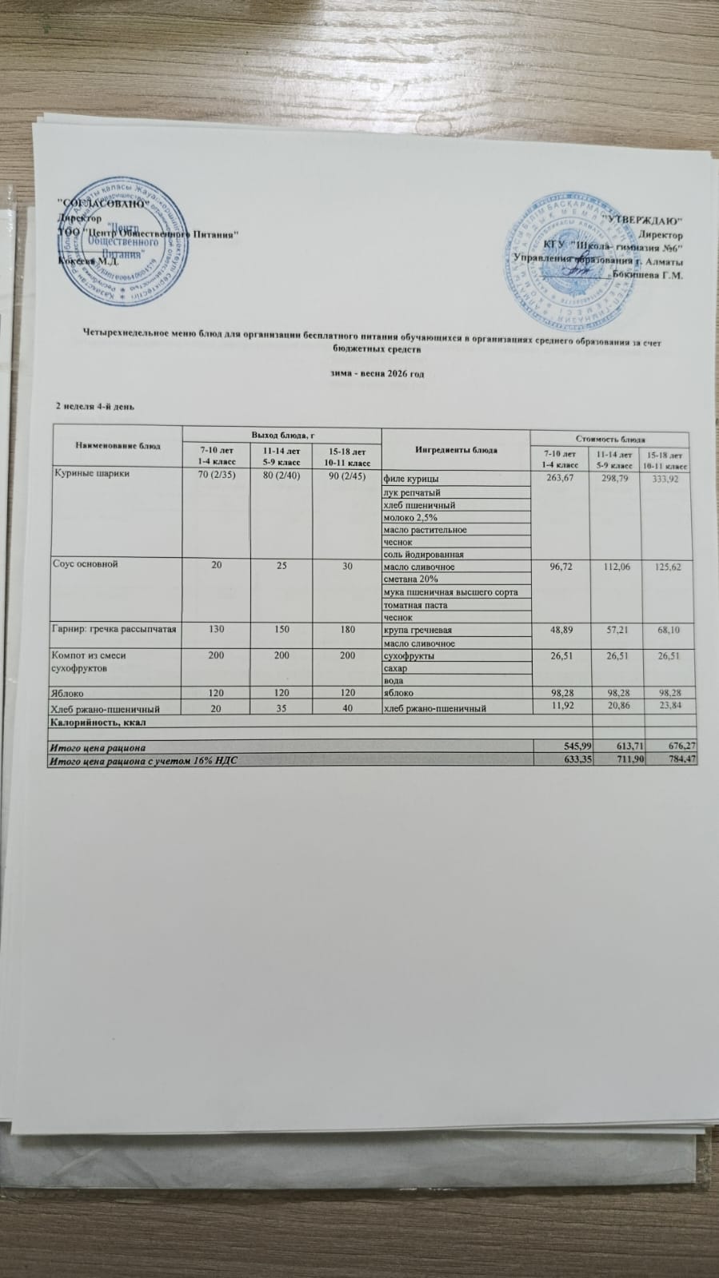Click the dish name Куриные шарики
tap(92, 473)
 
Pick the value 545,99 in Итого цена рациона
tap(575, 746)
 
